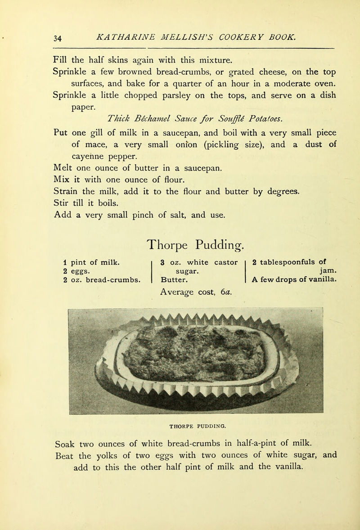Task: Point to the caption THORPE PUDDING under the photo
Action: coord(196,423)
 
